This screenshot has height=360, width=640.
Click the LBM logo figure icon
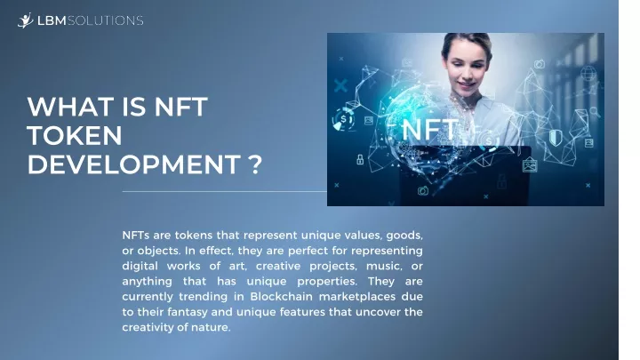(x=25, y=20)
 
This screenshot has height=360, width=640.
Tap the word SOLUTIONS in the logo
(x=105, y=20)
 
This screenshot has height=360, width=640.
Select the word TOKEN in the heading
(x=75, y=135)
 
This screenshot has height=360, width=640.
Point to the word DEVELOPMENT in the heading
(x=134, y=164)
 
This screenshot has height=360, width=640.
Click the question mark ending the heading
(x=255, y=164)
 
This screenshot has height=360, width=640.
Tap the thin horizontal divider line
(x=225, y=191)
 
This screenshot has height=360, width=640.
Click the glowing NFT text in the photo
(x=430, y=130)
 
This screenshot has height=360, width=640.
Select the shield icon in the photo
(x=555, y=138)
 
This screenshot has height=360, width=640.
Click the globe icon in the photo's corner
(x=588, y=74)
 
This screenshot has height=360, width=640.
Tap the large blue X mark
(x=340, y=85)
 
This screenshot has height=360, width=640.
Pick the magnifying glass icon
(x=595, y=111)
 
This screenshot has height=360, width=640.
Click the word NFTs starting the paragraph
(x=135, y=236)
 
